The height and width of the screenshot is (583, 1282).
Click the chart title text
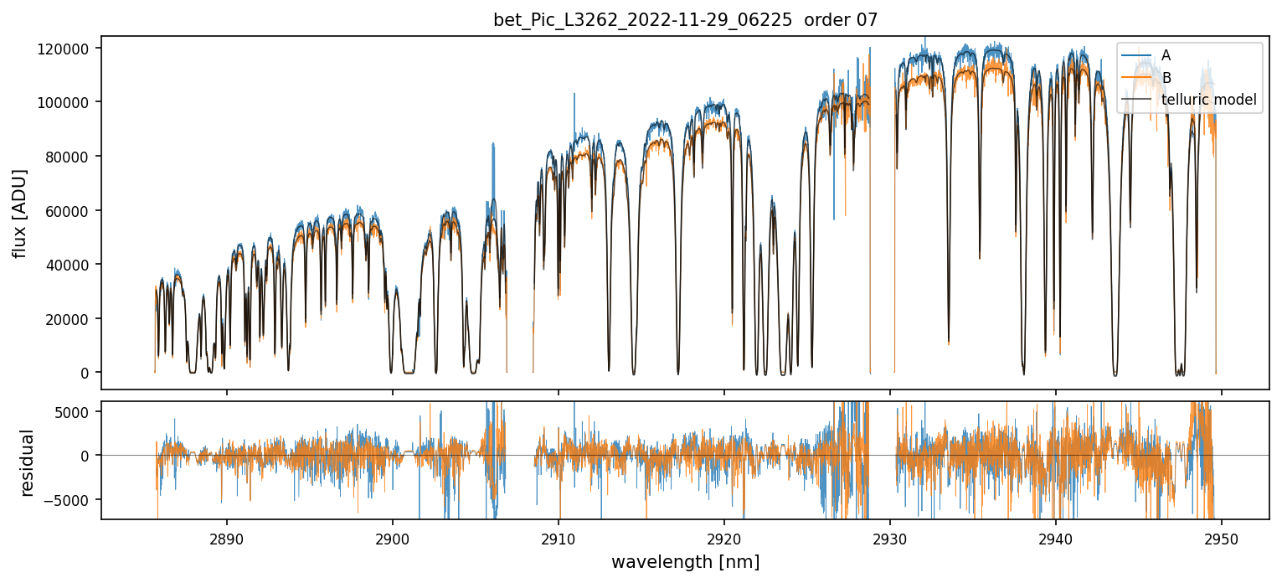[685, 20]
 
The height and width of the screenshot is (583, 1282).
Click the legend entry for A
[1166, 55]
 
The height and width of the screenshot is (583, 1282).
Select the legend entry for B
[1166, 78]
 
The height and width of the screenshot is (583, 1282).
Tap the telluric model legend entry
[1208, 101]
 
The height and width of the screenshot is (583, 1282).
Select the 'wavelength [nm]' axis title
[685, 561]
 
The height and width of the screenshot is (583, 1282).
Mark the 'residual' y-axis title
[28, 462]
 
